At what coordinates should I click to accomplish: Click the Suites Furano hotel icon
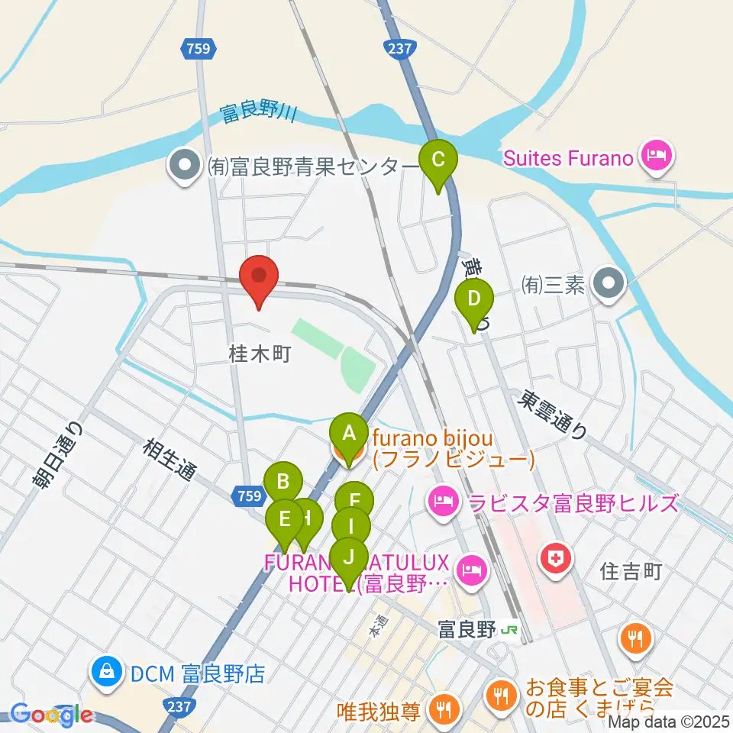pyautogui.click(x=656, y=158)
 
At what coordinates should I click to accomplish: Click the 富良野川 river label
pyautogui.click(x=257, y=115)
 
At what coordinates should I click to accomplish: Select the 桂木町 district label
pyautogui.click(x=260, y=354)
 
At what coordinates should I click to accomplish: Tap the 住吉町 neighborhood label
pyautogui.click(x=631, y=570)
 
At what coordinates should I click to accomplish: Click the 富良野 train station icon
pyautogui.click(x=509, y=630)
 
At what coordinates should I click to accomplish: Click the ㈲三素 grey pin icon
pyautogui.click(x=609, y=285)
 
